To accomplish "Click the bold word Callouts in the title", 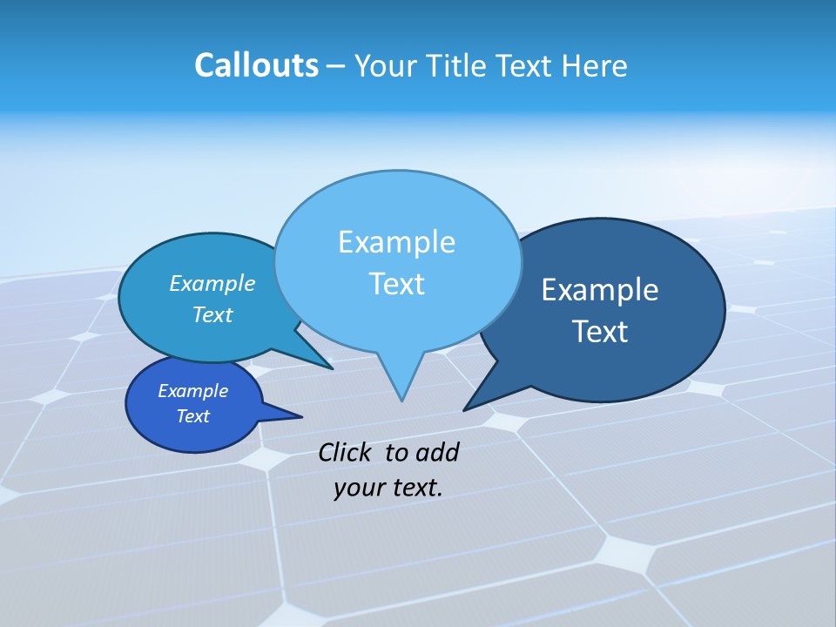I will click(x=256, y=65).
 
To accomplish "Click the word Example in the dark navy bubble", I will click(x=600, y=290).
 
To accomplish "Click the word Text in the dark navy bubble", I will click(x=600, y=332).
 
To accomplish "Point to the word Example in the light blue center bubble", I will click(x=396, y=242).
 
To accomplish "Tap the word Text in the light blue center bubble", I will click(x=396, y=284).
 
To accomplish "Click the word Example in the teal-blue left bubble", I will click(x=212, y=284).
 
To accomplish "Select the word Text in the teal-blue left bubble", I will click(x=212, y=315).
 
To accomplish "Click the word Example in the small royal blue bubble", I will click(x=192, y=391).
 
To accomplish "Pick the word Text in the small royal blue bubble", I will click(x=192, y=416).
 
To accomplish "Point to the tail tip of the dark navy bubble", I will click(x=465, y=409).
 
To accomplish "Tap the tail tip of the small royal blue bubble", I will click(x=301, y=416).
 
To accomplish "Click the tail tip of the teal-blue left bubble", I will click(x=332, y=368).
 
